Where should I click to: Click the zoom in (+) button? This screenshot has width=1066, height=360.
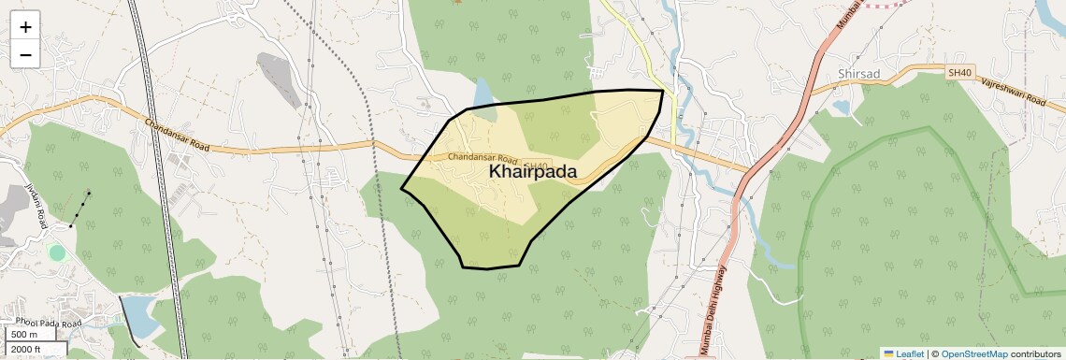(25, 27)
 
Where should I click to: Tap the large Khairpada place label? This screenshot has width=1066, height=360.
(532, 172)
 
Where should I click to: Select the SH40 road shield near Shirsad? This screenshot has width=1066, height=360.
(958, 72)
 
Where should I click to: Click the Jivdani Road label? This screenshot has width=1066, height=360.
(36, 206)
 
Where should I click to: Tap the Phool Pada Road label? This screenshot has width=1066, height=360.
(48, 324)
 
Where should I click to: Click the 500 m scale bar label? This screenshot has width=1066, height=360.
(24, 335)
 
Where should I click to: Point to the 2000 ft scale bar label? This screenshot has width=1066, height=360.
(26, 350)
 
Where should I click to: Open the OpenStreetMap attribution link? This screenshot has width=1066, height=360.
(973, 353)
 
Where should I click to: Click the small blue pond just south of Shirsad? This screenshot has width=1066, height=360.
(840, 107)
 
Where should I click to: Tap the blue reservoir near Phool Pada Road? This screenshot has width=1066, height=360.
(140, 316)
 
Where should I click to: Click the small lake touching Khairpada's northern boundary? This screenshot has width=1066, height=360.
(483, 94)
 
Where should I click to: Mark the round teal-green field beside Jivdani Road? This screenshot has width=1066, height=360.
(57, 252)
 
